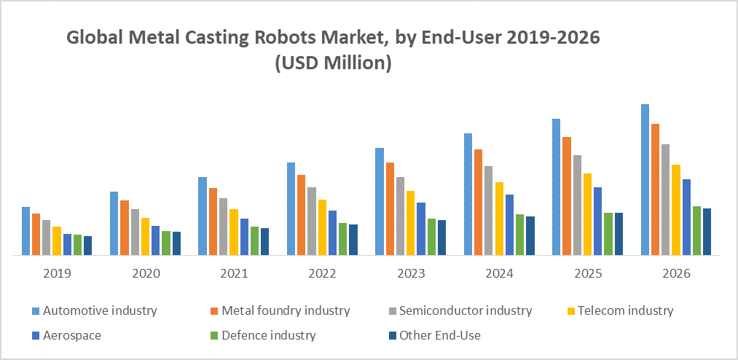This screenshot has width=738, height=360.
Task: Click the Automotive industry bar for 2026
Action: (x=645, y=179)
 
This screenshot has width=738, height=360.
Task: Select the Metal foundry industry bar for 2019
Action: (x=36, y=234)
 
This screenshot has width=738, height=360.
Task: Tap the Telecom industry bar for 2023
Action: (x=411, y=223)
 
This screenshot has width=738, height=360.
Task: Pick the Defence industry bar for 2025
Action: (x=608, y=234)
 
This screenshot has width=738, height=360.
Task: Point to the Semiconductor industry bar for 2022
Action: (x=312, y=221)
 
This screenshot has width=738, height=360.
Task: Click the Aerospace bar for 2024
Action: (x=509, y=224)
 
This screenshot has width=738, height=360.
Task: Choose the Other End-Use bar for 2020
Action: (x=176, y=243)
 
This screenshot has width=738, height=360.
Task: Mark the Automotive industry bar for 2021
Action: (x=203, y=216)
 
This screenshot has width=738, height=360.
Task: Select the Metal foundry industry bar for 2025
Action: (x=567, y=195)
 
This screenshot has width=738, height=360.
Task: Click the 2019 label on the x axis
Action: (x=57, y=274)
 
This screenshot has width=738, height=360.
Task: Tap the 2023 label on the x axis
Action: (x=410, y=274)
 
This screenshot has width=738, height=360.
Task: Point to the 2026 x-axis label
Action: (x=675, y=274)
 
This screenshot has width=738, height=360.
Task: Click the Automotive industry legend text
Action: (x=100, y=310)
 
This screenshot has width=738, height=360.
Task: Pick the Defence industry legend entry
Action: (x=268, y=335)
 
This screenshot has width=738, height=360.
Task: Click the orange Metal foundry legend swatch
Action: (x=213, y=311)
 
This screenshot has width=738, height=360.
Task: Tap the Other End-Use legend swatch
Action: (x=393, y=336)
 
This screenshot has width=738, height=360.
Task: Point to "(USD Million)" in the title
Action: (x=334, y=63)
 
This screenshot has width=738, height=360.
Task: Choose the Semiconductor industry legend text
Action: (x=466, y=310)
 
